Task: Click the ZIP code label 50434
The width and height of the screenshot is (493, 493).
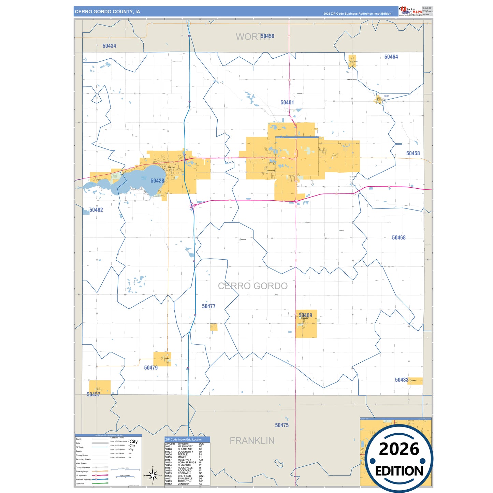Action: pyautogui.click(x=109, y=46)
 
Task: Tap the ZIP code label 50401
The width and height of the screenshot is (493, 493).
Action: pyautogui.click(x=287, y=102)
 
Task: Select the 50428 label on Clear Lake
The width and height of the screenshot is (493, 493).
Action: pyautogui.click(x=157, y=181)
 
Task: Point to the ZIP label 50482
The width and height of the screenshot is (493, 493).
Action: pyautogui.click(x=96, y=210)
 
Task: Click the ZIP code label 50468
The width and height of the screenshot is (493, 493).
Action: pyautogui.click(x=398, y=237)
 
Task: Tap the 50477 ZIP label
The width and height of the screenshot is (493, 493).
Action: pyautogui.click(x=208, y=306)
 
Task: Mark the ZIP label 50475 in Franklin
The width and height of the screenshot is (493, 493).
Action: pyautogui.click(x=282, y=425)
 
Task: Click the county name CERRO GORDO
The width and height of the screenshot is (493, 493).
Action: pyautogui.click(x=252, y=286)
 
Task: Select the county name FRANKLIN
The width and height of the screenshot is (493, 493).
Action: pyautogui.click(x=252, y=441)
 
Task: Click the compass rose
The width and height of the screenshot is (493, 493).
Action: pyautogui.click(x=153, y=475)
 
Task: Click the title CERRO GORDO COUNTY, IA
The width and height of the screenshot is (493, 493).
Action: pyautogui.click(x=107, y=12)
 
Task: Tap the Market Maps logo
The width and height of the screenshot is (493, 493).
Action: pyautogui.click(x=410, y=11)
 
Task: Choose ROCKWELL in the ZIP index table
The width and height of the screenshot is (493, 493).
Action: pyautogui.click(x=185, y=473)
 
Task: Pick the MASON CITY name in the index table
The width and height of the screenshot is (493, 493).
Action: pyautogui.click(x=185, y=446)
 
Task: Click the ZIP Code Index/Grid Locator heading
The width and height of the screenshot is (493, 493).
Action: pyautogui.click(x=184, y=439)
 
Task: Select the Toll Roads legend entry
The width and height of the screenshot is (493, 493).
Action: pyautogui.click(x=80, y=483)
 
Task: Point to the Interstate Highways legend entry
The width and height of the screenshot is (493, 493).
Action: pyautogui.click(x=84, y=479)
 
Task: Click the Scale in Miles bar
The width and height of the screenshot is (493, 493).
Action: pyautogui.click(x=125, y=469)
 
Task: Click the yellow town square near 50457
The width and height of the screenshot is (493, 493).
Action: pyautogui.click(x=100, y=387)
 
